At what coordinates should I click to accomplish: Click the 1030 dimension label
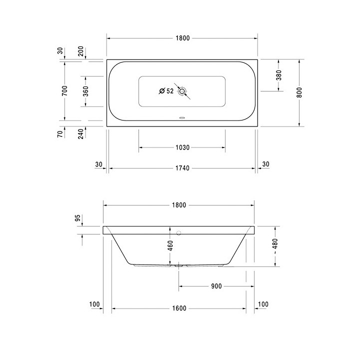(x=182, y=147)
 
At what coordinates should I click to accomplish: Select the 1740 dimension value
(x=182, y=168)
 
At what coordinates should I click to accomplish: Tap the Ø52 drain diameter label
(x=165, y=91)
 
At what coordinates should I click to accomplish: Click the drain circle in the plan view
(x=182, y=91)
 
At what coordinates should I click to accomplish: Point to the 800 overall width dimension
(x=299, y=92)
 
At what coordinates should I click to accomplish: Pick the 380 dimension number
(x=279, y=75)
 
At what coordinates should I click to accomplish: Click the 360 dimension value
(x=85, y=91)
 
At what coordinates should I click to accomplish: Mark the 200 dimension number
(x=81, y=51)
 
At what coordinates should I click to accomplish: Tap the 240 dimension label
(x=81, y=133)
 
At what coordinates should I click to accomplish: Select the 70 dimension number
(x=60, y=133)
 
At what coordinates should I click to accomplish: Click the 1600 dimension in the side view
(x=178, y=308)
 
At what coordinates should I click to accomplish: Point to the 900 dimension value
(x=216, y=286)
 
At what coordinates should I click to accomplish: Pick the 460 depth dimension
(x=170, y=245)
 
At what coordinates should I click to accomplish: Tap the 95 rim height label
(x=78, y=218)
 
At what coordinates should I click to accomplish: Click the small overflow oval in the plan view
(x=182, y=119)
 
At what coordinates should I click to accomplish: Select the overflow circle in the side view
(x=179, y=232)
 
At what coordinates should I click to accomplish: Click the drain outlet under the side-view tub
(x=179, y=266)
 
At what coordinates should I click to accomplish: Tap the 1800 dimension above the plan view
(x=182, y=38)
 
